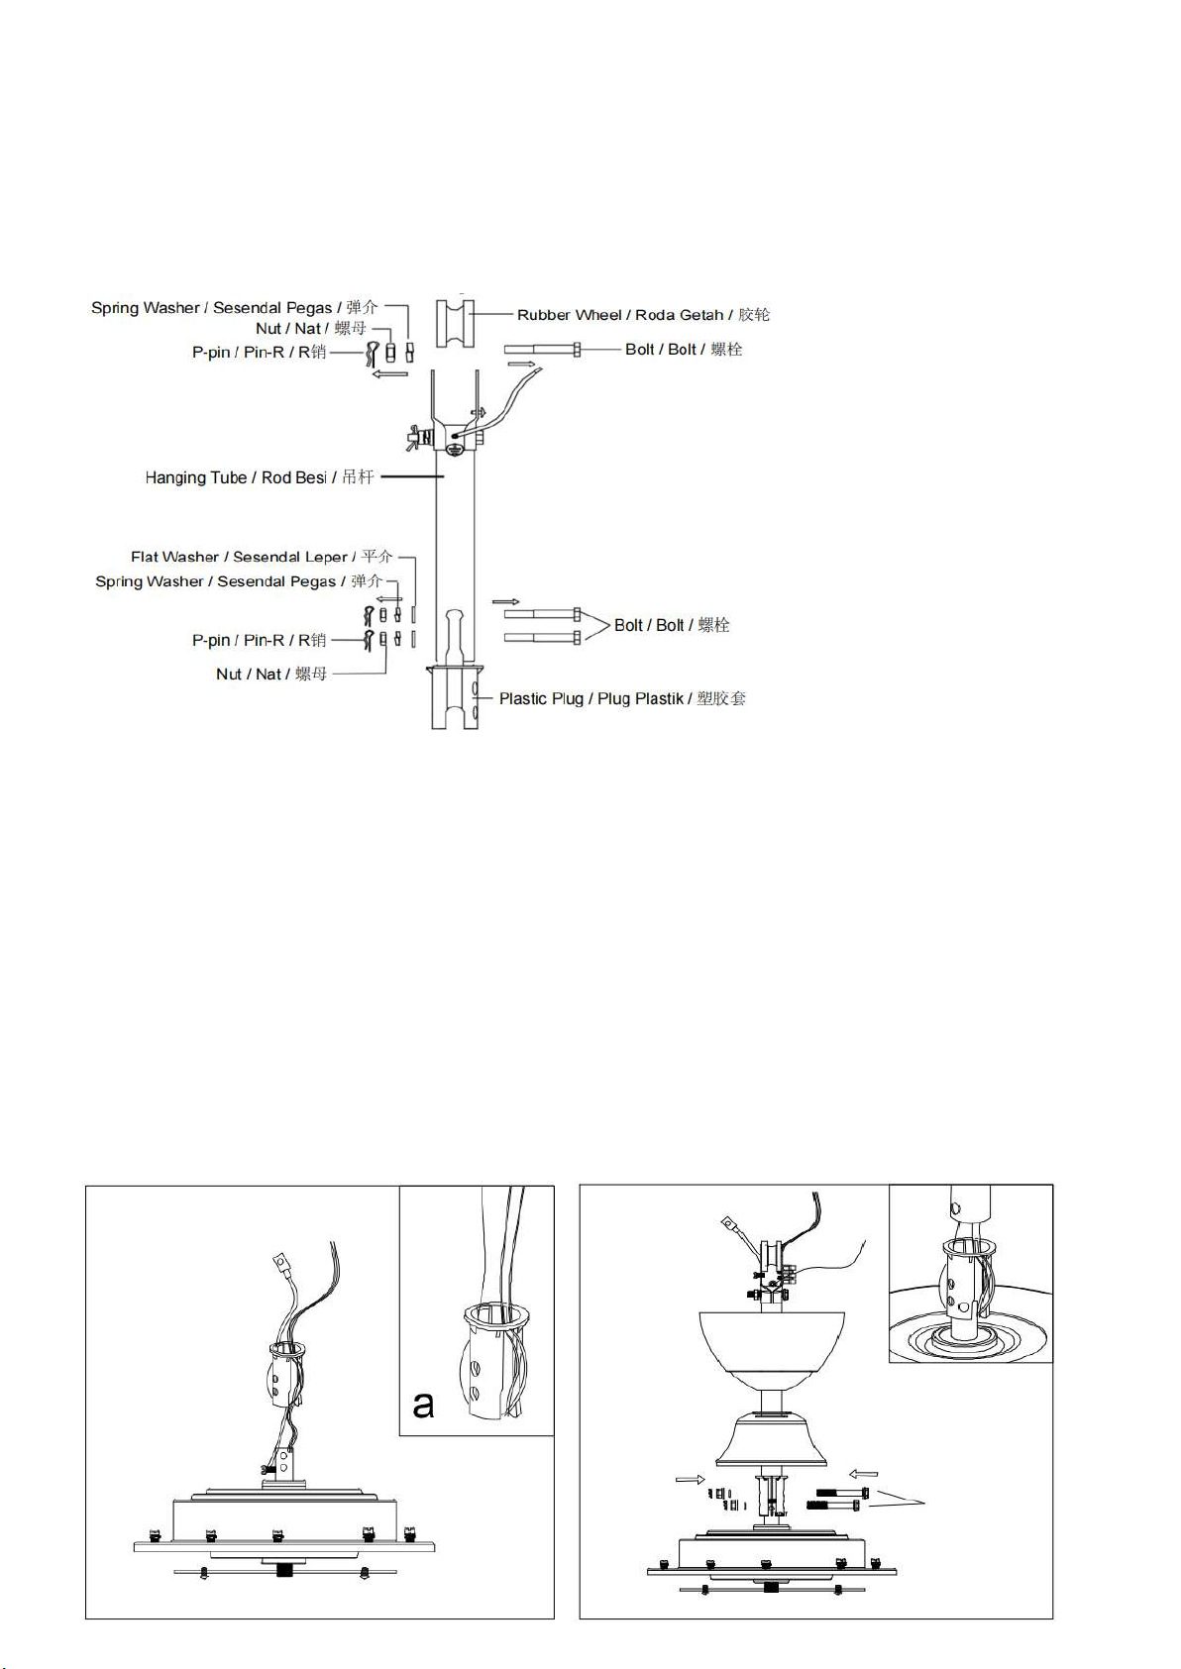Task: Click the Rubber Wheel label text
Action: [643, 315]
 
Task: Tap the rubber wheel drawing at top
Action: [455, 323]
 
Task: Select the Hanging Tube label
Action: [260, 477]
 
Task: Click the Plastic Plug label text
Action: [622, 699]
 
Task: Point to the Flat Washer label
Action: [262, 557]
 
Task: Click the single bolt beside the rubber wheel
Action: [542, 350]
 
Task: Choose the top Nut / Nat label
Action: [311, 329]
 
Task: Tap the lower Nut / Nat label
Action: [271, 675]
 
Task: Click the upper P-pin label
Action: [260, 352]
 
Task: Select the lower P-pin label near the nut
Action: [260, 640]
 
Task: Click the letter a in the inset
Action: [423, 1405]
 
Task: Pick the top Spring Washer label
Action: [235, 308]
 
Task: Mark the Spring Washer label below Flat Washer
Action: [239, 581]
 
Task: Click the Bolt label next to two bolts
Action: [672, 625]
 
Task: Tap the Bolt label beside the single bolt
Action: [684, 350]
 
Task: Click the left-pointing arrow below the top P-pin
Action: [389, 373]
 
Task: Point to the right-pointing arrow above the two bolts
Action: [506, 601]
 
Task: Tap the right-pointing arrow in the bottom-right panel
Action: [690, 1479]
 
